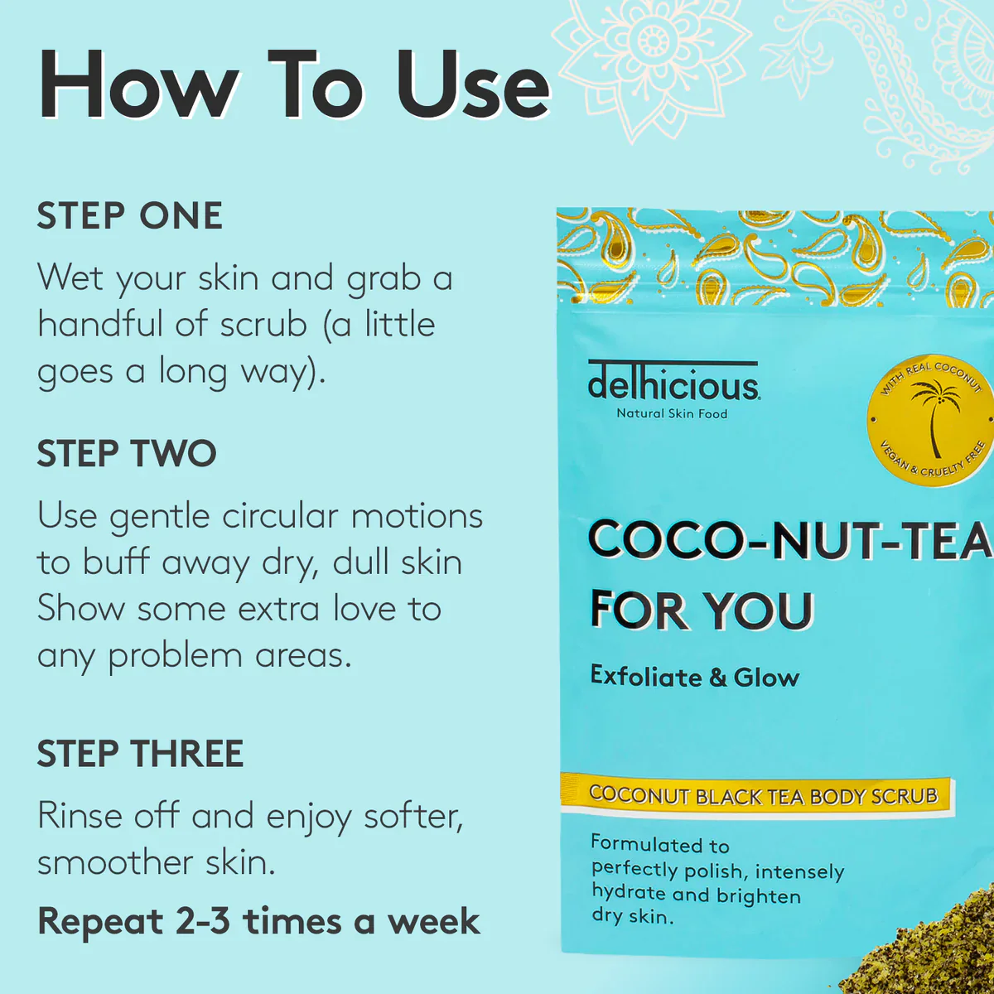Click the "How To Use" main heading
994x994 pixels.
[294, 85]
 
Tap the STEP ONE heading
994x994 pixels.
[129, 215]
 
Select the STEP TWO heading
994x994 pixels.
[127, 453]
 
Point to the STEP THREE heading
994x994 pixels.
[140, 754]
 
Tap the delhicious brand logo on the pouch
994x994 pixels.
[673, 382]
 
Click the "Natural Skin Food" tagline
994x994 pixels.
[672, 413]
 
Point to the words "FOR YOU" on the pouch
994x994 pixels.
[702, 610]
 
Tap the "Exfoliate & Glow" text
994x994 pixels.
[695, 677]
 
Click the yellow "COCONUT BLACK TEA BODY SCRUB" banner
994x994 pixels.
[757, 796]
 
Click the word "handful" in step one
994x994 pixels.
[100, 325]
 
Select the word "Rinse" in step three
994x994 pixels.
[80, 816]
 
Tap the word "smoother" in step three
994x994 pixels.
[115, 862]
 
